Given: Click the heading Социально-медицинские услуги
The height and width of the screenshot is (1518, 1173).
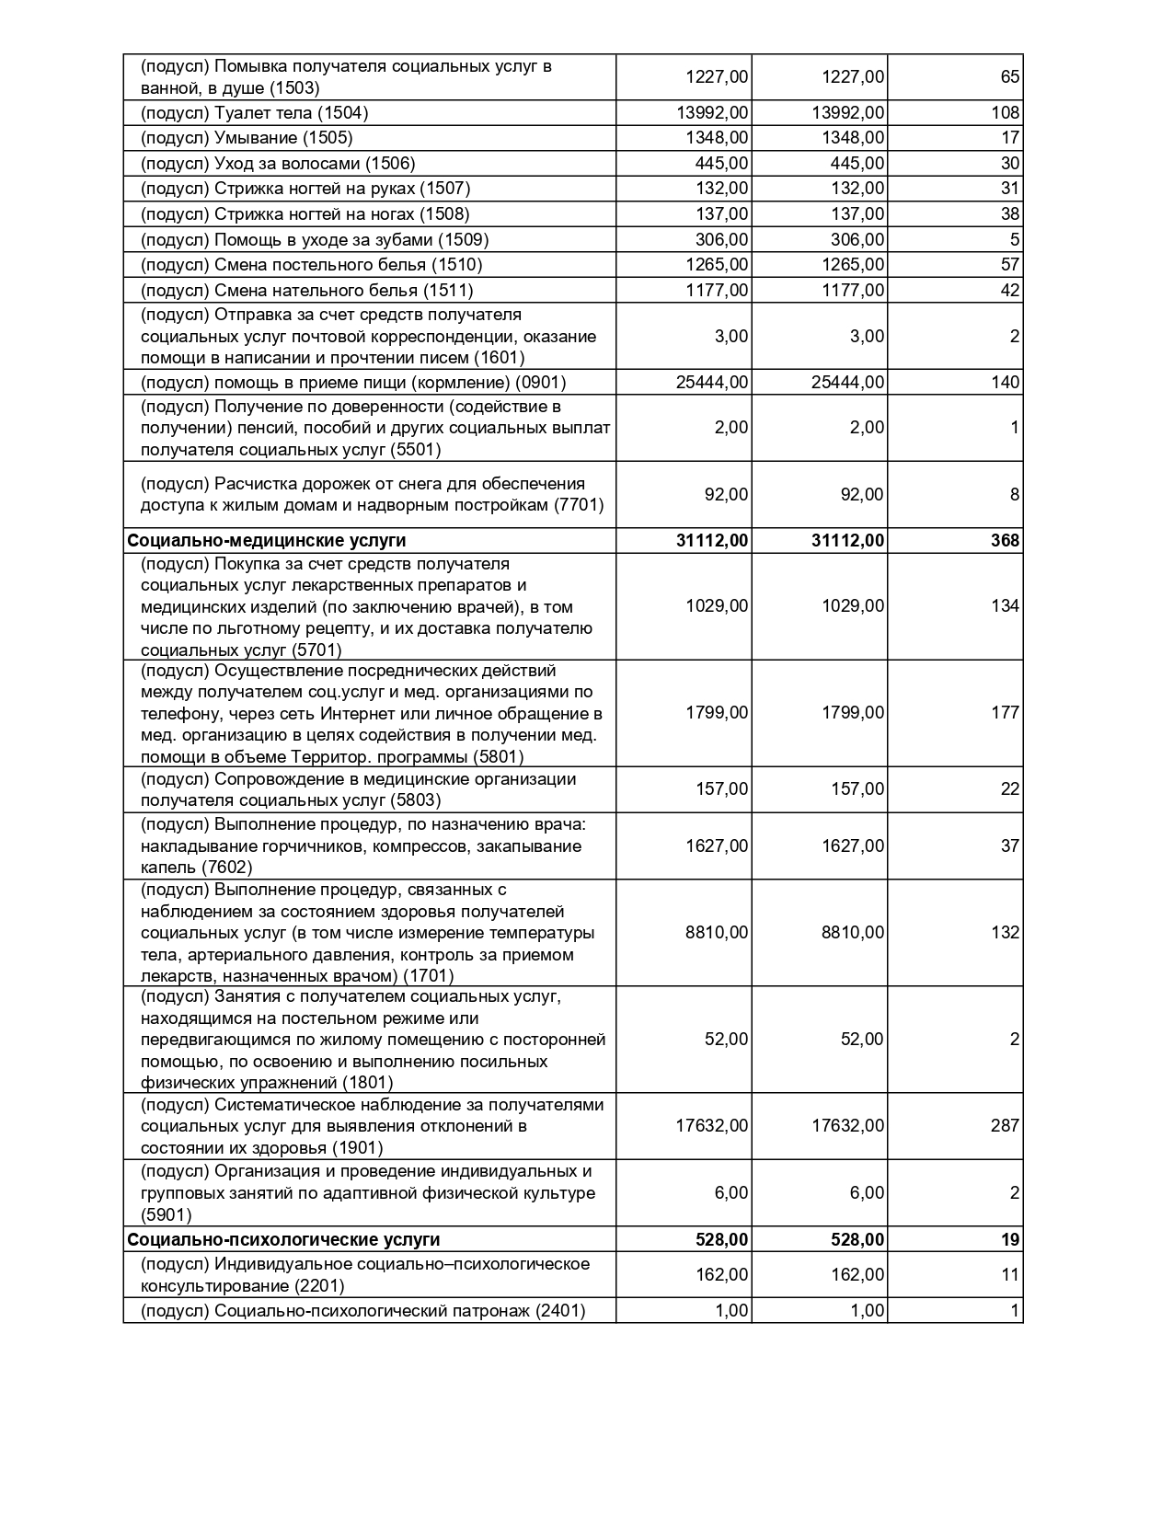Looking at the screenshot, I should click(267, 541).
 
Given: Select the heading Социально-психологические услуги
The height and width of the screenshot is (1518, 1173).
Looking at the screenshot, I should click(283, 1240).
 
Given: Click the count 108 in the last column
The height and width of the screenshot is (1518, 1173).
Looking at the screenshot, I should click(1006, 113).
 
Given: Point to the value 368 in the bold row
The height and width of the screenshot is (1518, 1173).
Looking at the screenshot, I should click(1005, 541).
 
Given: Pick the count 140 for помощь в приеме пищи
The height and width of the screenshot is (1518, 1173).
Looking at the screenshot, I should click(1006, 383).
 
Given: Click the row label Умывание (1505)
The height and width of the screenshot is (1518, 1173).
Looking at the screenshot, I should click(247, 138).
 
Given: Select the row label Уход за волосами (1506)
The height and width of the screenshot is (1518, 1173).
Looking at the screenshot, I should click(278, 164).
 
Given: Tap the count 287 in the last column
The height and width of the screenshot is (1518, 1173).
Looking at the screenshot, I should click(1006, 1126).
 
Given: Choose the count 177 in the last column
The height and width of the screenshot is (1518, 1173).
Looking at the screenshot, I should click(1006, 713).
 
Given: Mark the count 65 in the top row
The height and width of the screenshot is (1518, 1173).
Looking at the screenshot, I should click(1010, 77).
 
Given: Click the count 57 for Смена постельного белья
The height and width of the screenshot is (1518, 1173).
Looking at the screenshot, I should click(1010, 265).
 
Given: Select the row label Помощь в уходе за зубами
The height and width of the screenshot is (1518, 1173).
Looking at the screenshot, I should click(315, 240).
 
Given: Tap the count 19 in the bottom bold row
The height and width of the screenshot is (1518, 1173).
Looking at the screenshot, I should click(1010, 1240).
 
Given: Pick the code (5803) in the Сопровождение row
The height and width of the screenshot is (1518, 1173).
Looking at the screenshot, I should click(416, 800).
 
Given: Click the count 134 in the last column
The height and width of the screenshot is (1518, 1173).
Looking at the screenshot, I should click(1006, 606).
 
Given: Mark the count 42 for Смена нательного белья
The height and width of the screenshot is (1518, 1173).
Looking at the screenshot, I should click(1010, 291).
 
